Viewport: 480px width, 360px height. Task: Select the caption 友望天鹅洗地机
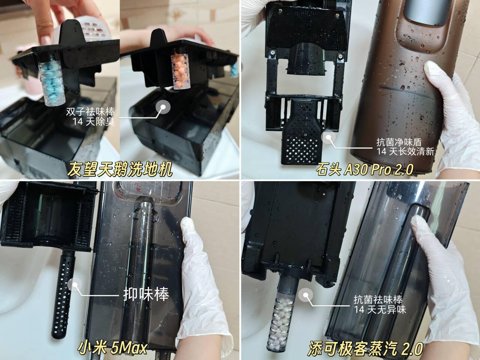[x=120, y=169]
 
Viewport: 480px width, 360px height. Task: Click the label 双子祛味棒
[x=90, y=112]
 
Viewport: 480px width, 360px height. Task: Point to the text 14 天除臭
[x=94, y=121]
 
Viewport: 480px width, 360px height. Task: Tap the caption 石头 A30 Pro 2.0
[x=364, y=169]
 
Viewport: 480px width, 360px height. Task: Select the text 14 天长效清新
[x=405, y=151]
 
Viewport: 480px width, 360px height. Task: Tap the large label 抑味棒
[x=146, y=294]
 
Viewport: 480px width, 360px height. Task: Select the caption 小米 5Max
[x=112, y=348]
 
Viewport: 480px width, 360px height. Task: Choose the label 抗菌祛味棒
[x=378, y=300]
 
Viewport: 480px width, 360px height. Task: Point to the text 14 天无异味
[x=380, y=309]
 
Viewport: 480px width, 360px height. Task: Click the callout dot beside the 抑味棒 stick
[x=75, y=285]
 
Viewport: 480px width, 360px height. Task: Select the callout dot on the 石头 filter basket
[x=328, y=137]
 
